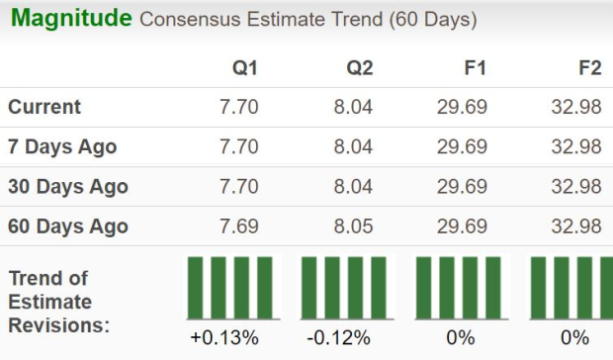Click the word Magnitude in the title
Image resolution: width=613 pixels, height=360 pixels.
tap(70, 18)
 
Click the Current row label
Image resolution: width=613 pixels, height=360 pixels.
tap(44, 107)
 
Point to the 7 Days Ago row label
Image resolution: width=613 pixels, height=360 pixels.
tap(62, 146)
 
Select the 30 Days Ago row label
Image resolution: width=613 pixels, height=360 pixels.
tap(68, 186)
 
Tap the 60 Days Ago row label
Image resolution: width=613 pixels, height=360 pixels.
tap(68, 225)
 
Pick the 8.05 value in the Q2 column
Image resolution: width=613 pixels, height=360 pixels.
tap(353, 225)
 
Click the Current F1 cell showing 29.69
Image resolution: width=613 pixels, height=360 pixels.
tap(462, 107)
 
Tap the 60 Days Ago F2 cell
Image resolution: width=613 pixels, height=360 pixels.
tap(576, 225)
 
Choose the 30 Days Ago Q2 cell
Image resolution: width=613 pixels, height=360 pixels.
tap(353, 186)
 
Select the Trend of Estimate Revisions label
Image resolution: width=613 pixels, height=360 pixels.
tap(59, 301)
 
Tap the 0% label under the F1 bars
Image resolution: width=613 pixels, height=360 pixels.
tap(460, 338)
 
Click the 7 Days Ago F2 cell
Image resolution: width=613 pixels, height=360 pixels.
tap(576, 146)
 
